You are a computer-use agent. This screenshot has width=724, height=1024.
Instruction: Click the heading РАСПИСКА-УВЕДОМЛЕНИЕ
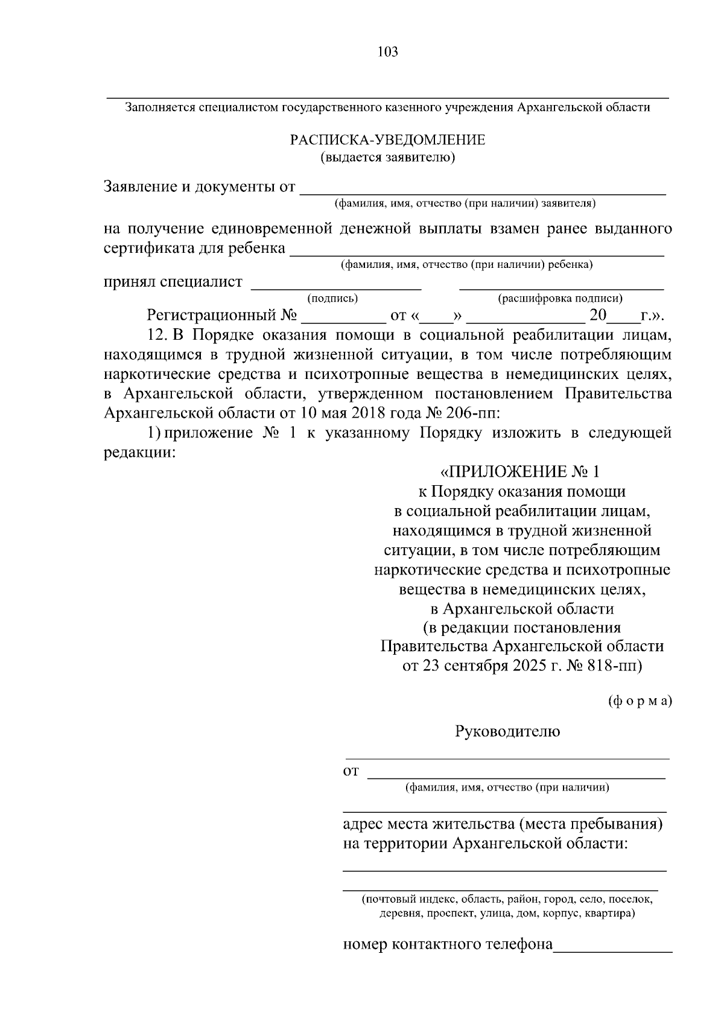click(387, 141)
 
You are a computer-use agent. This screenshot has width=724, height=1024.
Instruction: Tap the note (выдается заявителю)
click(387, 158)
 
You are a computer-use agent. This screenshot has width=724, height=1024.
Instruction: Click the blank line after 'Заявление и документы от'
click(483, 192)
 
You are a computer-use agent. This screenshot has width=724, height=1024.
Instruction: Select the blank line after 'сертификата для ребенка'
click(477, 253)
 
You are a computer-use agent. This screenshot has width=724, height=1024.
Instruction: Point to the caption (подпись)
click(332, 298)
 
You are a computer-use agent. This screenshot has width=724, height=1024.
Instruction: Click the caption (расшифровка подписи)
click(560, 298)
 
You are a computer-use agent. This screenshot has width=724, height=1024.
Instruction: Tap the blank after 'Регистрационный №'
click(343, 320)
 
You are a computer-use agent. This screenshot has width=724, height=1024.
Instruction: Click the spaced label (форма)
click(640, 701)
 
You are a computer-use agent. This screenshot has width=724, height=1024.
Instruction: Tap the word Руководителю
click(507, 732)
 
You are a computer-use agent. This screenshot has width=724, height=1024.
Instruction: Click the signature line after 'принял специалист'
click(335, 288)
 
